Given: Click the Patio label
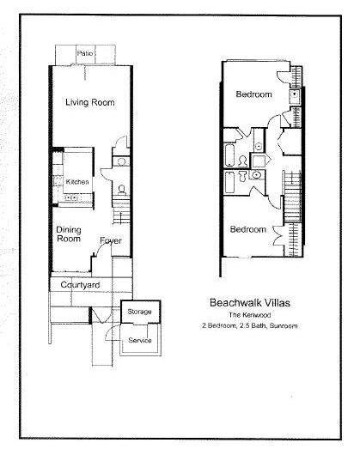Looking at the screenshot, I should (84, 53).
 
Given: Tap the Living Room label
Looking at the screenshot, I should (90, 102).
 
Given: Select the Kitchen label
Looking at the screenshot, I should (78, 182).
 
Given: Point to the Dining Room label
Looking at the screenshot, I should (69, 234).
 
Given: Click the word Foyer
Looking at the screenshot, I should (110, 240).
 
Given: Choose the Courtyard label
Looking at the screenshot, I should (80, 284).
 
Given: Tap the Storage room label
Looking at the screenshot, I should (139, 310).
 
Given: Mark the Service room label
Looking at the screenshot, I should (139, 341).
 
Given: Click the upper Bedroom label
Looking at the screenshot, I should (254, 94).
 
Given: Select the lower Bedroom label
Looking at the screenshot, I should (247, 230).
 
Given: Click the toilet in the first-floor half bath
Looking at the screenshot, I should (122, 188).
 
